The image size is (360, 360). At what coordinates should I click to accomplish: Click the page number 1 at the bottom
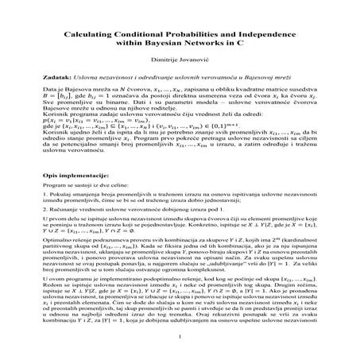(x=180, y=337)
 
